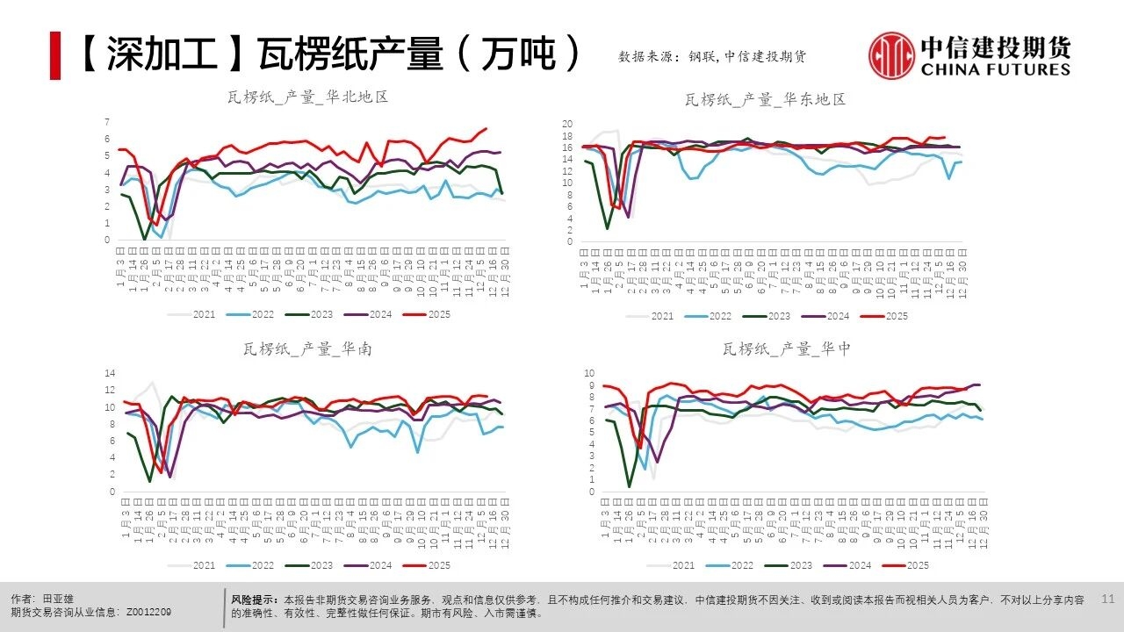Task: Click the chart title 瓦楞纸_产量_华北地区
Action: point(307,97)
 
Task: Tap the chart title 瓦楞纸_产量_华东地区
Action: point(765,100)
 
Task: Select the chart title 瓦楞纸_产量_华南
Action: point(307,349)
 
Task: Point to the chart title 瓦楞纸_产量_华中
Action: point(787,349)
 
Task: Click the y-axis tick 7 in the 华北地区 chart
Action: point(107,121)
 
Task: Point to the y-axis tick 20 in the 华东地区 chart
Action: point(567,124)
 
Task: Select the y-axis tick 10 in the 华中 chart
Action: point(590,374)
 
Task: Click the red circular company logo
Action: point(892,55)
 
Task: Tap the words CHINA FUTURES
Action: point(995,69)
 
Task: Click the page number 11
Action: point(1106,599)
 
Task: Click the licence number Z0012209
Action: point(149,613)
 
